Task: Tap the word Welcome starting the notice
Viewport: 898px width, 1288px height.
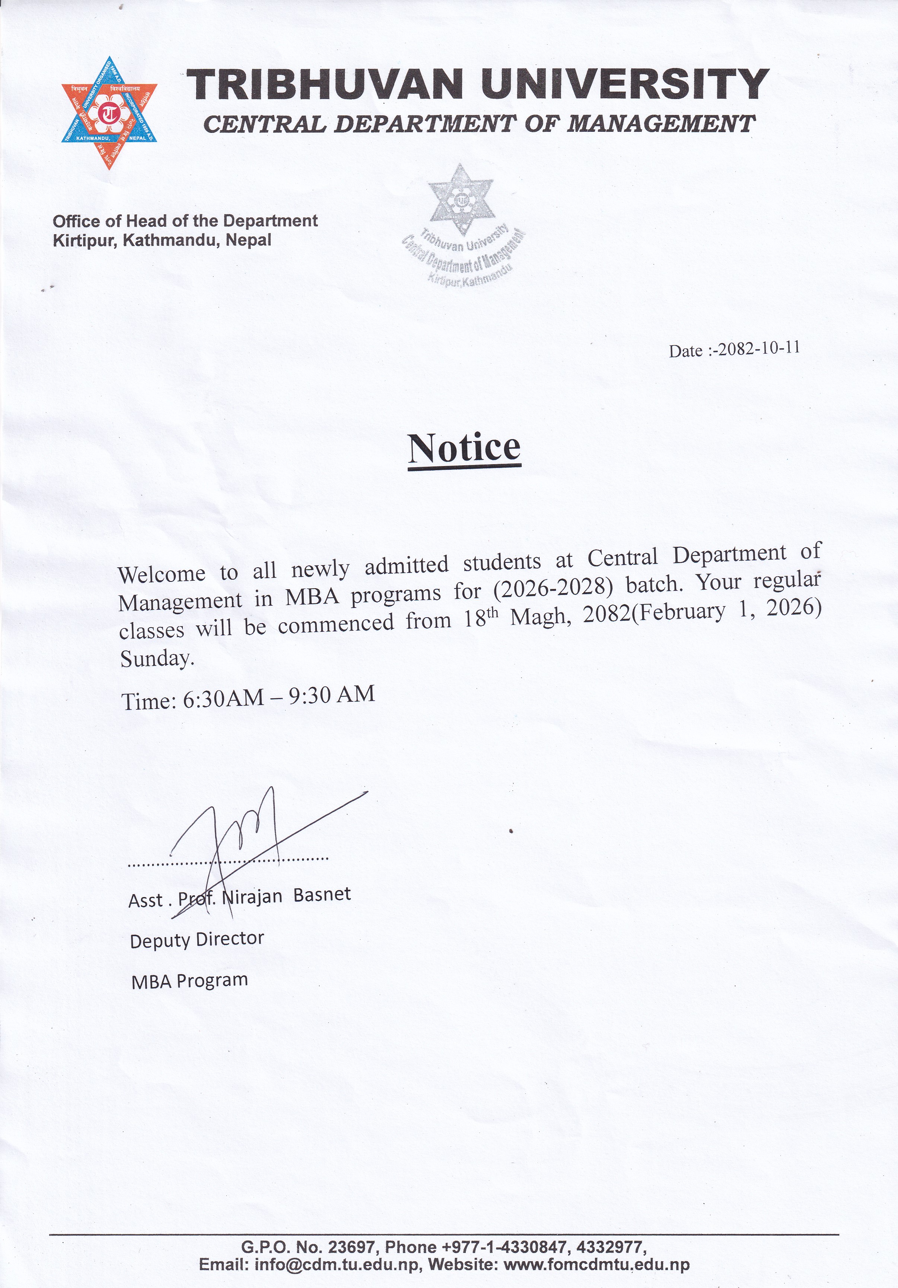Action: [x=162, y=573]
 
